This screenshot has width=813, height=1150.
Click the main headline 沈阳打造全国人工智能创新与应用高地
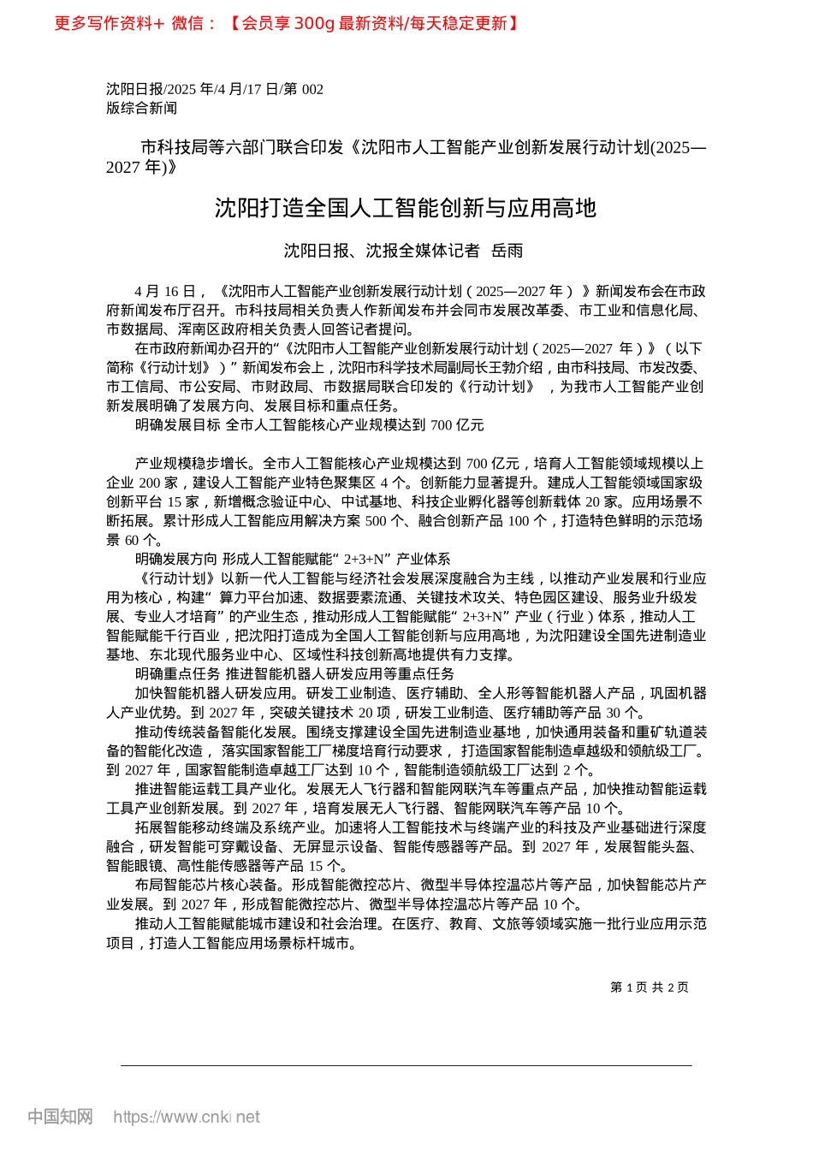click(405, 208)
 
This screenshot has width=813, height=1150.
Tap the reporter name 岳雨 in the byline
click(507, 251)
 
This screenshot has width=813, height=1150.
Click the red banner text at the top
click(287, 23)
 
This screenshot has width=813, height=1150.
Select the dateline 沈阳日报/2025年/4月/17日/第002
click(215, 89)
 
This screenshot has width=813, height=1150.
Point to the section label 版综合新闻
click(141, 108)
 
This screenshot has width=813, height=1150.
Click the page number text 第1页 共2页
click(650, 987)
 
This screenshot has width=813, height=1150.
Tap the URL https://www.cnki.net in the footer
click(186, 1117)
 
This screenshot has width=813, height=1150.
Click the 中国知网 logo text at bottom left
click(60, 1117)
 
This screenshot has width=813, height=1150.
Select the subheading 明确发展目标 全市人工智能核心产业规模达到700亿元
click(309, 424)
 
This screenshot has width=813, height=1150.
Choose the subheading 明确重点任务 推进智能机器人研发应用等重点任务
click(294, 674)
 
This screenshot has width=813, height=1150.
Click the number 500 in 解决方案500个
click(376, 520)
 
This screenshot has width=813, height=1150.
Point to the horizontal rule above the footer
click(406, 1065)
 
